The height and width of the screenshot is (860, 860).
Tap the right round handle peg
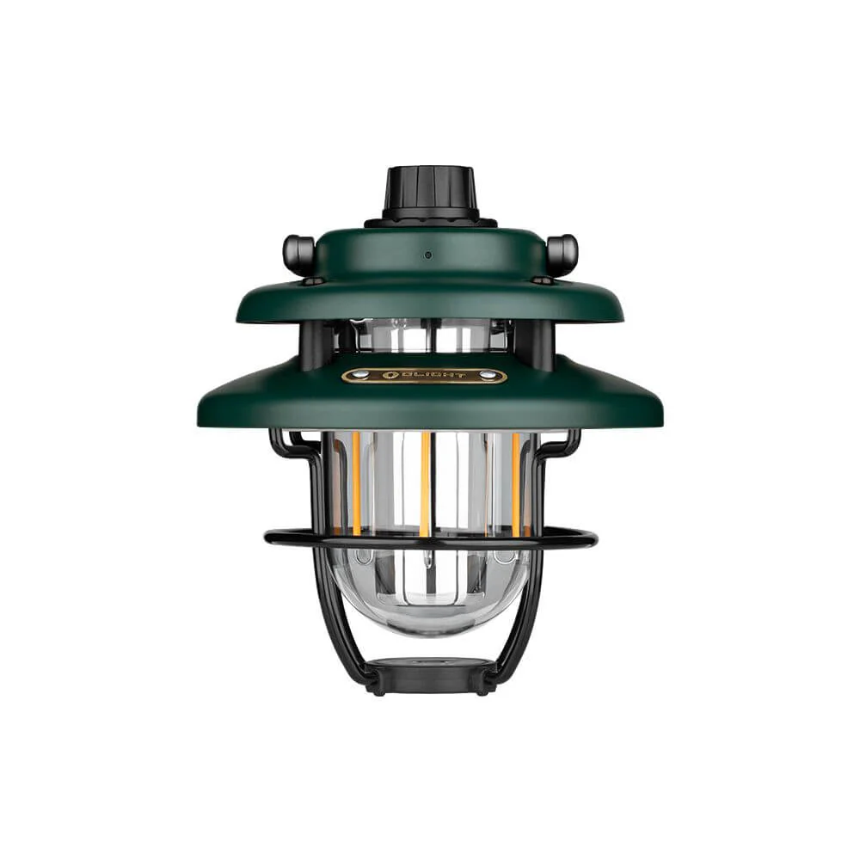click(562, 253)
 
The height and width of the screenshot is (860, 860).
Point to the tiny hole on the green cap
click(427, 255)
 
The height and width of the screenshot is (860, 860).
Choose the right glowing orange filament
click(516, 482)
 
